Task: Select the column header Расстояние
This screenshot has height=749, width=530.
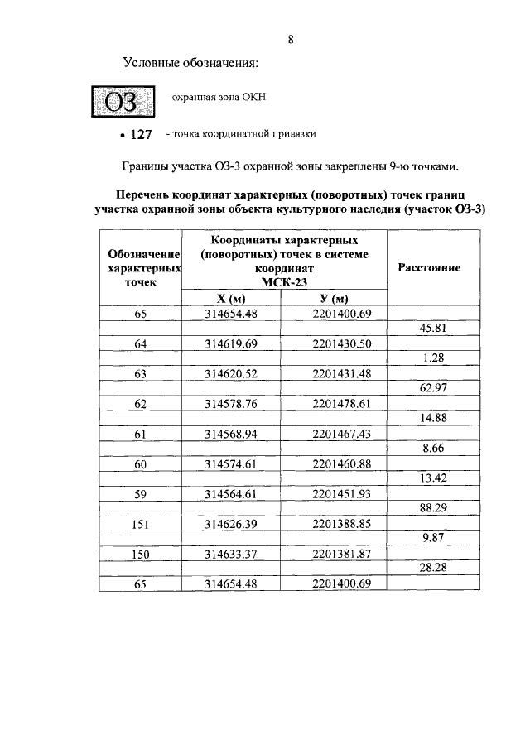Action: pyautogui.click(x=430, y=268)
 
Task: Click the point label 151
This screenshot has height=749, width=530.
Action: pyautogui.click(x=140, y=524)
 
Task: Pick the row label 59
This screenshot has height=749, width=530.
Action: pyautogui.click(x=140, y=493)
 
